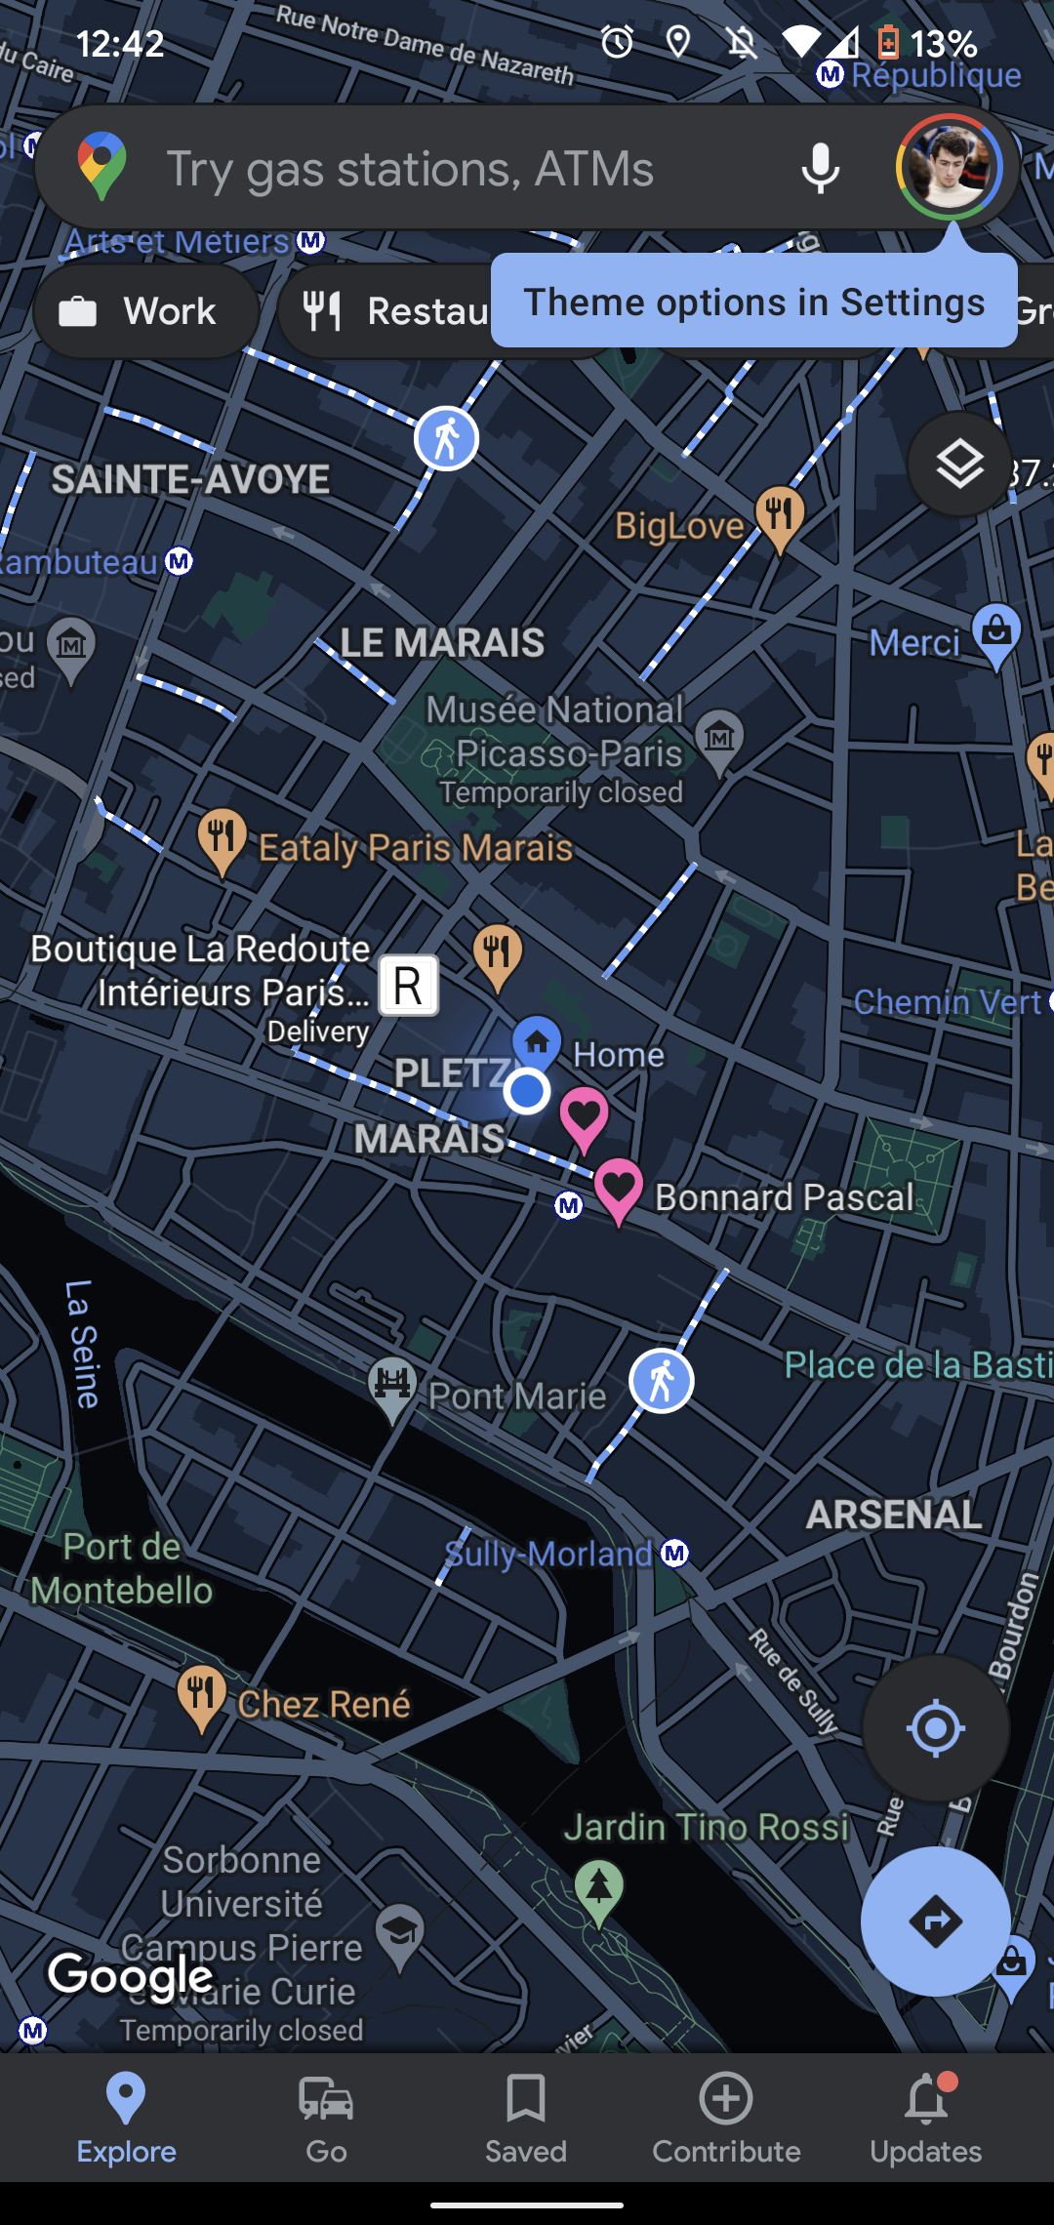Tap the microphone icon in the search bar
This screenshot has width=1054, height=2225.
click(x=820, y=168)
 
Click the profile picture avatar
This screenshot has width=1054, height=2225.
click(x=949, y=167)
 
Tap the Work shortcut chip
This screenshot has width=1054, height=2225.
click(x=146, y=311)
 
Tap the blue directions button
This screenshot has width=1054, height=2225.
click(x=935, y=1922)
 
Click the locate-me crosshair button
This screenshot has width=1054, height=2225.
click(x=935, y=1728)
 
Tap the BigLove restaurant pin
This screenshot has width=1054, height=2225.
click(x=780, y=514)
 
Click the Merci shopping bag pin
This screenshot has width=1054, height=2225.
click(x=996, y=632)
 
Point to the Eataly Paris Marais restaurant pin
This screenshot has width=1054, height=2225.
click(x=223, y=838)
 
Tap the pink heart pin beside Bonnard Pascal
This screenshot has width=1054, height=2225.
click(x=618, y=1188)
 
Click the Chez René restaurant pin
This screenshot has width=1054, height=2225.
click(x=201, y=1694)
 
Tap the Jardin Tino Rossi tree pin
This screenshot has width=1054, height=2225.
click(x=599, y=1888)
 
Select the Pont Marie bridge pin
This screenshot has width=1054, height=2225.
click(x=392, y=1387)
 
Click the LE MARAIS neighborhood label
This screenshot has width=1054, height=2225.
click(x=442, y=643)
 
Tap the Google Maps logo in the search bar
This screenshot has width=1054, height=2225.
click(x=102, y=166)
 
